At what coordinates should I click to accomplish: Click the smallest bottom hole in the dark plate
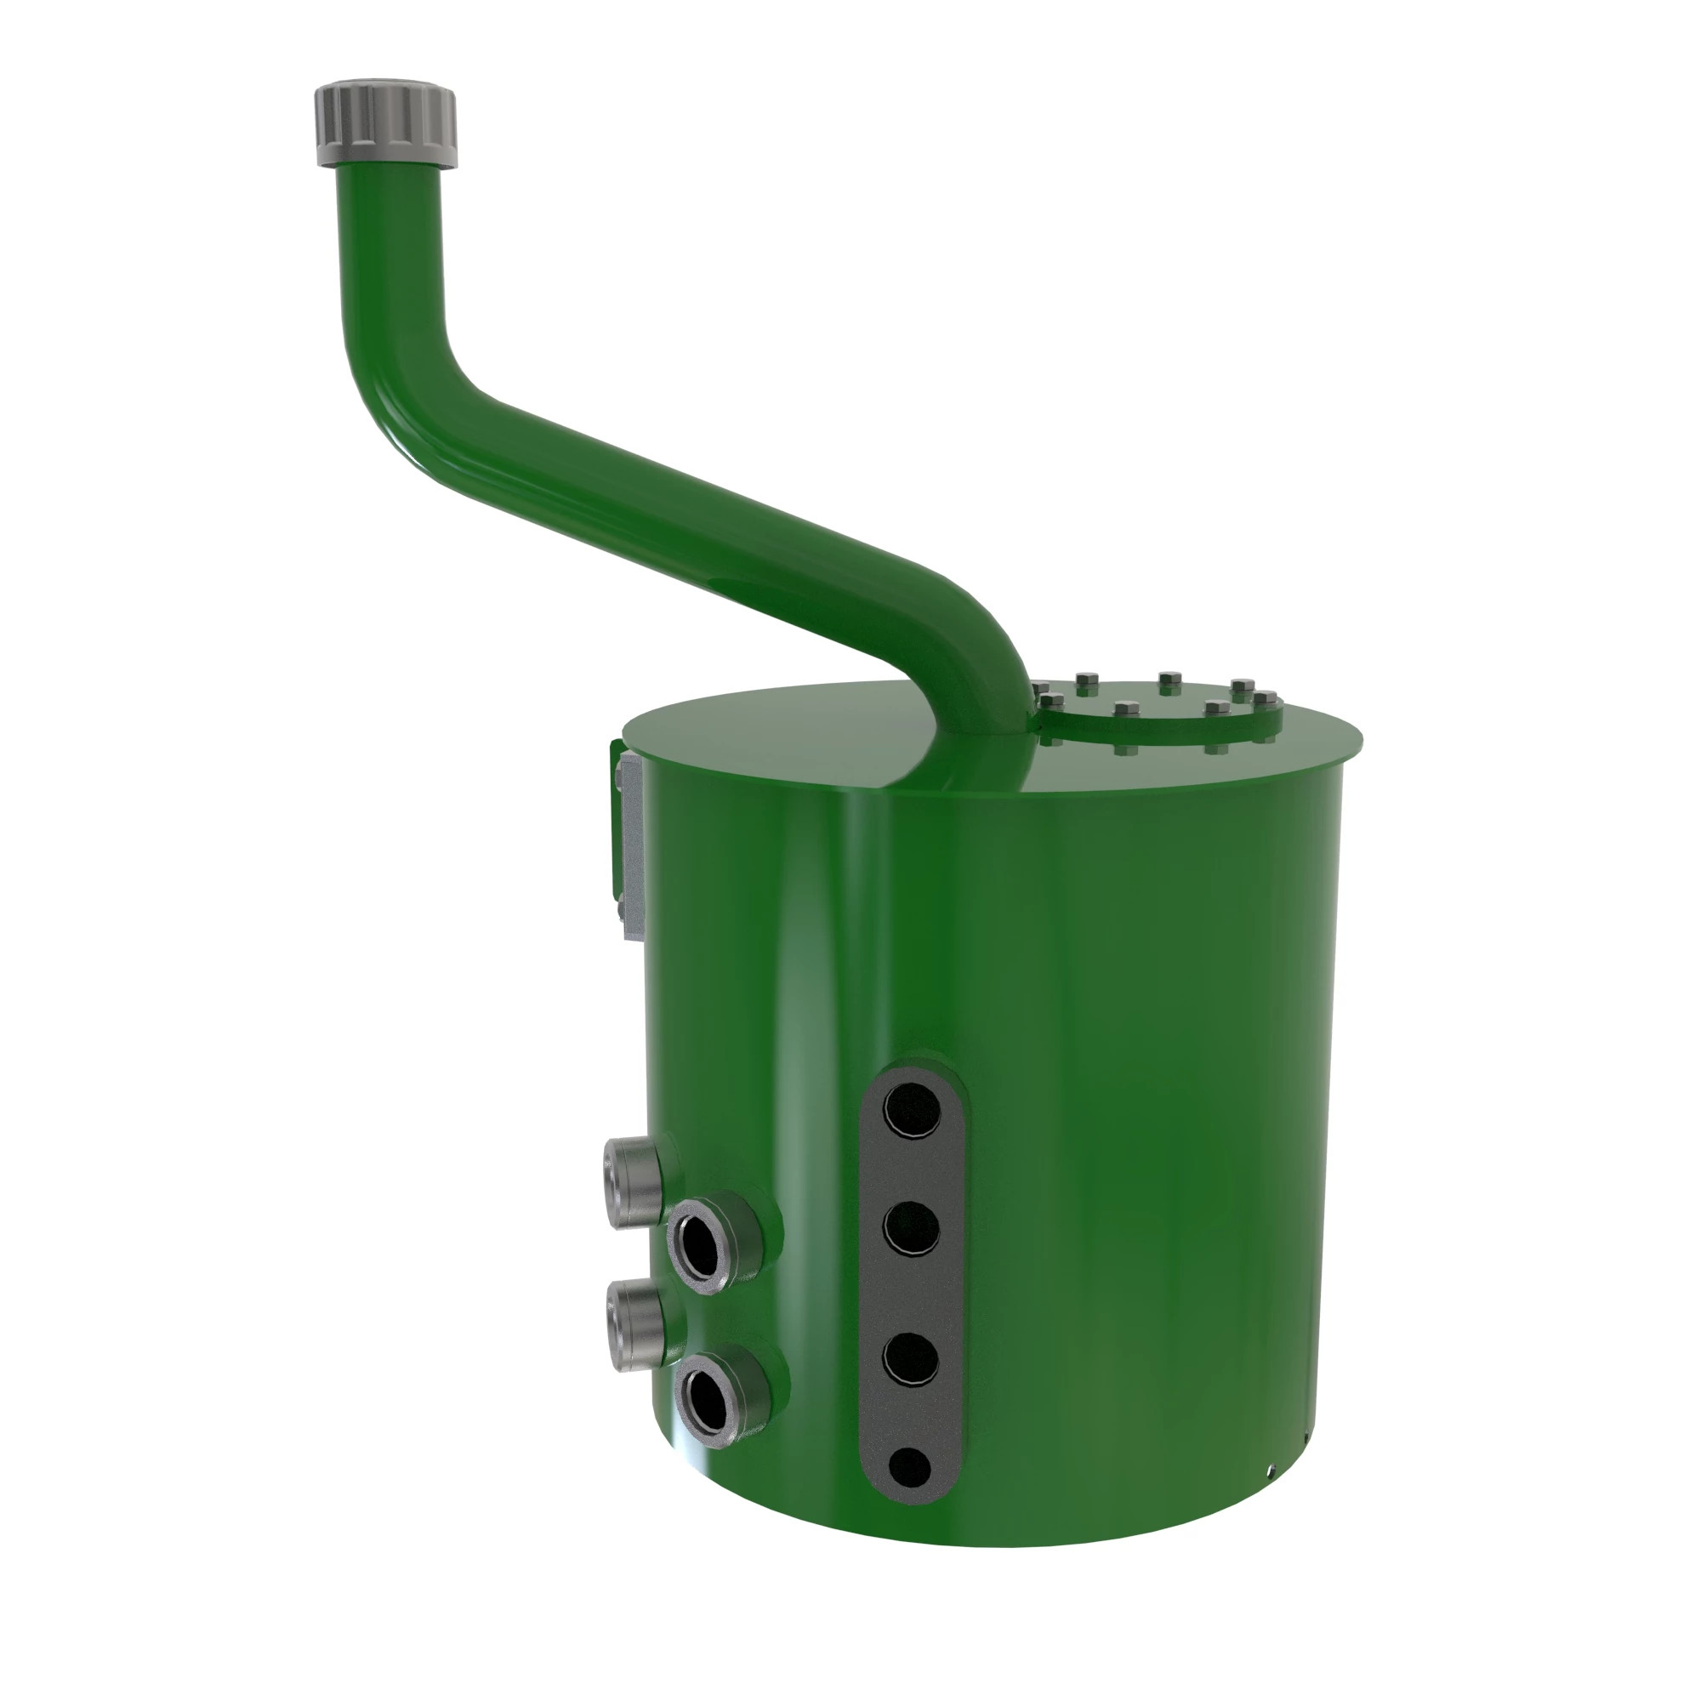[909, 1467]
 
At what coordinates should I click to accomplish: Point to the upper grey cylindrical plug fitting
[632, 1183]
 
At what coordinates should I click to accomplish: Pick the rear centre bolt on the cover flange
[1168, 680]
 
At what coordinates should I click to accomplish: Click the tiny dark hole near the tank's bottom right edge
[1271, 1470]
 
